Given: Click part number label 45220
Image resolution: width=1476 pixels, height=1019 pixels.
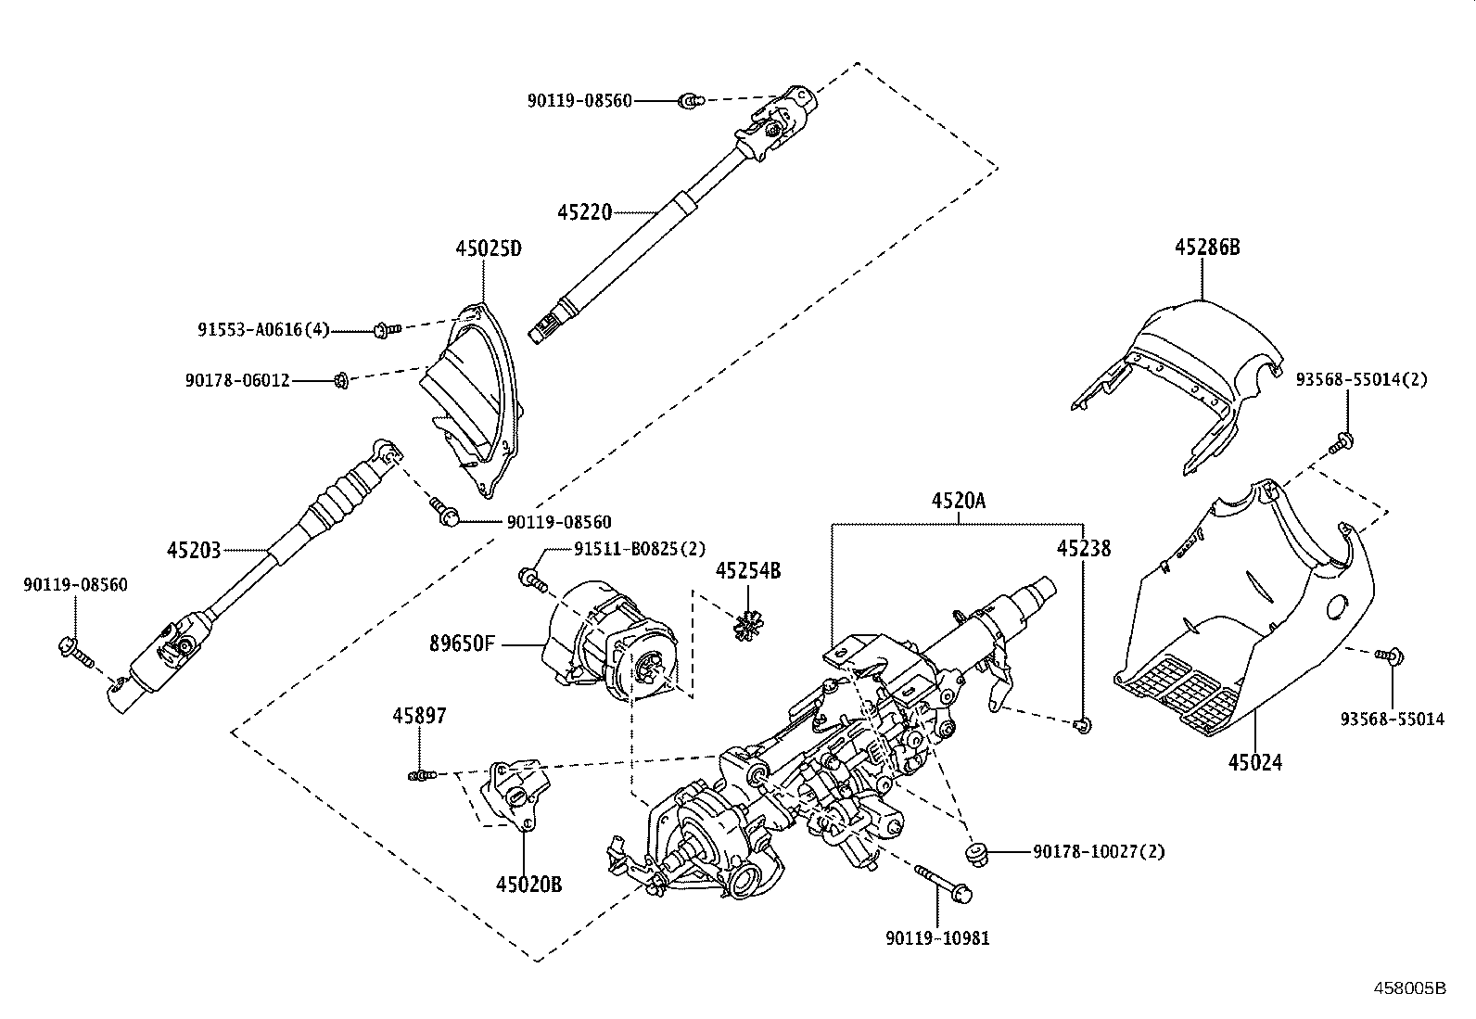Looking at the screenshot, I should [584, 212].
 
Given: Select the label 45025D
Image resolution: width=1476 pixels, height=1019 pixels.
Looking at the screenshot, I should [489, 248].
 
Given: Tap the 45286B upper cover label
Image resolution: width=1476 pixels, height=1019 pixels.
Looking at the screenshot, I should [1207, 247].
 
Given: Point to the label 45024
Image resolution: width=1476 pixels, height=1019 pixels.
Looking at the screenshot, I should [1255, 762].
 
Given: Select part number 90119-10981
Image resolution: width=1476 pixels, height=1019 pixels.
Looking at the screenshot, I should [937, 937].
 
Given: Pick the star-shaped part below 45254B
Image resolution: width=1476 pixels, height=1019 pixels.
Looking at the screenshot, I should [746, 627].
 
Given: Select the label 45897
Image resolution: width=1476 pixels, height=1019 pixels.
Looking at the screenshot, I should [419, 715].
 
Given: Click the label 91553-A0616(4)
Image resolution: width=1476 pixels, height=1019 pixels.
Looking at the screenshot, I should [263, 329].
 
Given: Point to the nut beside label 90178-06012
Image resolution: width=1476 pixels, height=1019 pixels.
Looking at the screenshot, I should [340, 378].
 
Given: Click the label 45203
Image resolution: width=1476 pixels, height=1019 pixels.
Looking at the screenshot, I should [194, 550].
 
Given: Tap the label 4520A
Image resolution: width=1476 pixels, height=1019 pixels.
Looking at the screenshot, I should [959, 502].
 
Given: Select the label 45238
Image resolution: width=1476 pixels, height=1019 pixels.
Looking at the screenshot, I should [1083, 548].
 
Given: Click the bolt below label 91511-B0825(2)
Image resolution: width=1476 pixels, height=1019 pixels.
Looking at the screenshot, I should [531, 579].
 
